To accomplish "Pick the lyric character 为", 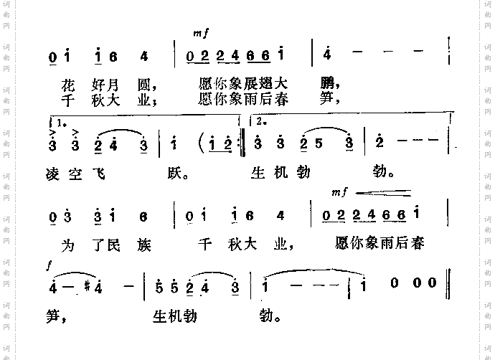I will coord(68,244).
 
